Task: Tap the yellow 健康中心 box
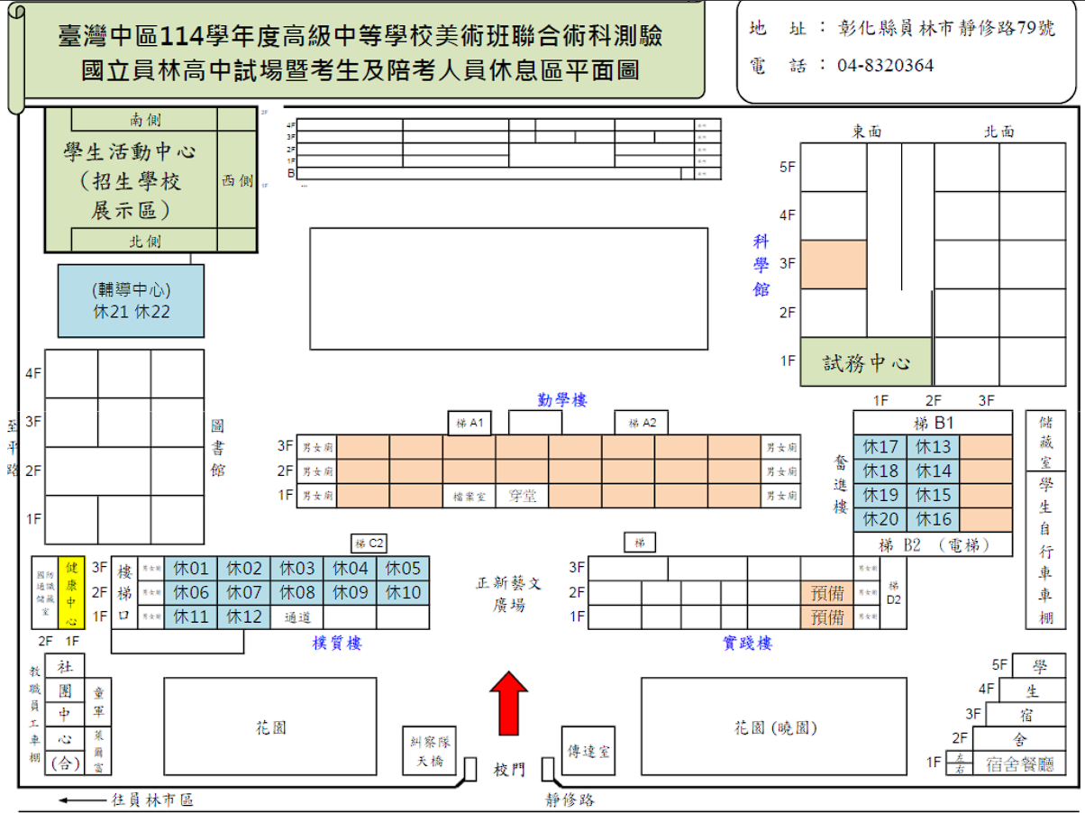[x=71, y=591]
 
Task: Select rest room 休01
[x=191, y=569]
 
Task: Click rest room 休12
[x=243, y=617]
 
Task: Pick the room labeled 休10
[x=403, y=593]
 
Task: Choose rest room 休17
[x=880, y=447]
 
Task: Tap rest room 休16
[x=934, y=519]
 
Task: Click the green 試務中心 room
[x=866, y=363]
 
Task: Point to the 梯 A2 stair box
[x=643, y=423]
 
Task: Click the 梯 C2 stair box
[x=369, y=544]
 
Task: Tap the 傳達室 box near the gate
[x=588, y=751]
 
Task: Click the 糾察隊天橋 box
[x=430, y=751]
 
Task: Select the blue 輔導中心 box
[x=131, y=301]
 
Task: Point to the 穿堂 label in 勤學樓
[x=522, y=495]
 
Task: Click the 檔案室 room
[x=469, y=496]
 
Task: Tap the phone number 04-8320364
[x=885, y=65]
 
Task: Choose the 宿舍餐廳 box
[x=1020, y=764]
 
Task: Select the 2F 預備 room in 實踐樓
[x=827, y=593]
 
